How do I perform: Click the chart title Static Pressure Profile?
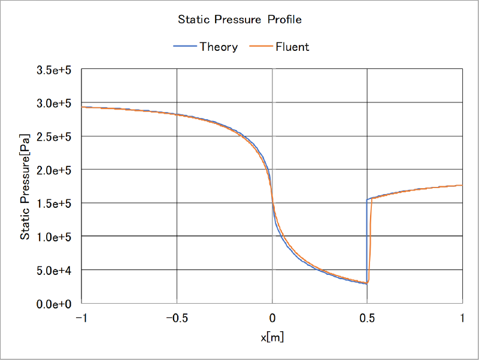tap(239, 20)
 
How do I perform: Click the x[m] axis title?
tap(272, 337)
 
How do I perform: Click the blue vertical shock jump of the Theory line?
tap(367, 240)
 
